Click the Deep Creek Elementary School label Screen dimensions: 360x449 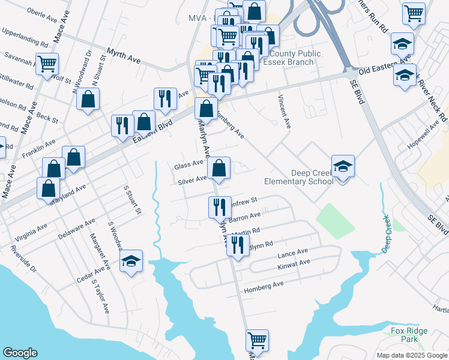tap(298, 178)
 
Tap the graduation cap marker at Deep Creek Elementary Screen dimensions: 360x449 tap(343, 167)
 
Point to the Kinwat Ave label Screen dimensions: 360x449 tap(294, 263)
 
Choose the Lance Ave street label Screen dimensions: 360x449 tap(292, 253)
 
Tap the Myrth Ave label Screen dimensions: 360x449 tap(123, 56)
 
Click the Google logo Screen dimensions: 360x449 tap(20, 353)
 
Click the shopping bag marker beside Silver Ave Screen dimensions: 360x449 tap(219, 169)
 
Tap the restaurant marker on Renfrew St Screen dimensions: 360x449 tap(219, 206)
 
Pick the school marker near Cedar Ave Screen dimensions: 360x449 tap(131, 261)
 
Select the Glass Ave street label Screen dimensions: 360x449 tap(188, 165)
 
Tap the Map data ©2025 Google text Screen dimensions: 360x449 tap(411, 355)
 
